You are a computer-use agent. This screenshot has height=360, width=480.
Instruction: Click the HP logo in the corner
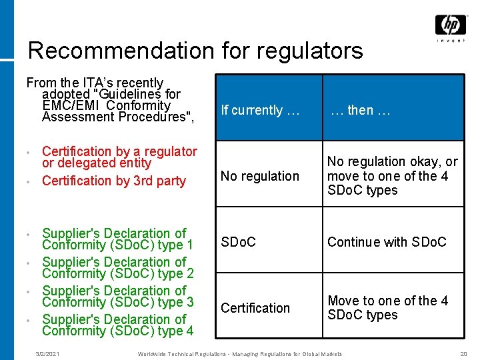[451, 26]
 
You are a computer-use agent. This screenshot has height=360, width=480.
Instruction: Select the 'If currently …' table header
[260, 110]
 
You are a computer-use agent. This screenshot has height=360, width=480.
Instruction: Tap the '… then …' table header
[361, 110]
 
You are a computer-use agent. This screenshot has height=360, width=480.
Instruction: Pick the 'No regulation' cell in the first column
[260, 176]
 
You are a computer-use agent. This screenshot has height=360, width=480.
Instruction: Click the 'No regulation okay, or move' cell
[392, 176]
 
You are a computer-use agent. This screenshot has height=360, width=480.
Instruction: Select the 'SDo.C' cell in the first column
[238, 242]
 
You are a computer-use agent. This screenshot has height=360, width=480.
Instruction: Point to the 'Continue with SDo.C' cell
[387, 242]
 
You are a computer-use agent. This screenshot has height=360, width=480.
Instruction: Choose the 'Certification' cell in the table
[255, 308]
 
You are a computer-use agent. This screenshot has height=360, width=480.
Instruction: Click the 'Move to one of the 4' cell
[387, 307]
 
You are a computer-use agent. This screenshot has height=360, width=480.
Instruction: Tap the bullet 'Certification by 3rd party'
[113, 181]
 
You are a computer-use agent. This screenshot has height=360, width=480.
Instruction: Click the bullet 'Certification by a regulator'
[119, 157]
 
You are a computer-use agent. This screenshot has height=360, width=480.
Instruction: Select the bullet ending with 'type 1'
[117, 239]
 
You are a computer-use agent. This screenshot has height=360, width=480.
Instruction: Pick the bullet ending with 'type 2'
[117, 268]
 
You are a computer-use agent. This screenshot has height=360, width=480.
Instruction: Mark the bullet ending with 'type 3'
[117, 297]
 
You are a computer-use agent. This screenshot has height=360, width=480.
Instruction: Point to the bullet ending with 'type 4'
[117, 325]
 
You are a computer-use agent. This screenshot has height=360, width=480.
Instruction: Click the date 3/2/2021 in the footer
[47, 353]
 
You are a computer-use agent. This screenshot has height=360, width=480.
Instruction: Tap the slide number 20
[464, 353]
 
